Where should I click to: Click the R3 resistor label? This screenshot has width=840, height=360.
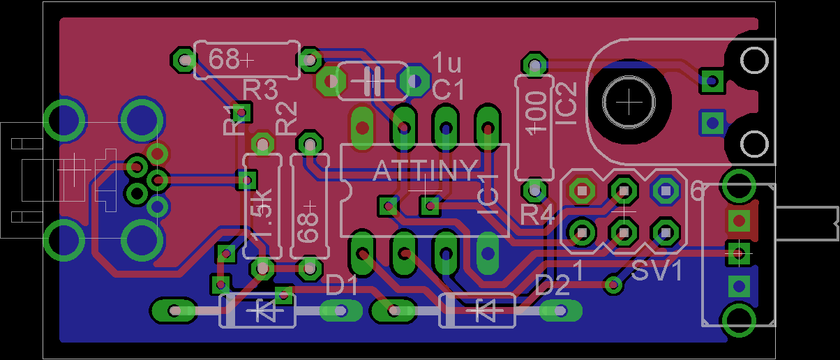261,90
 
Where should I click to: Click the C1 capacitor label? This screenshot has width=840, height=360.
448,90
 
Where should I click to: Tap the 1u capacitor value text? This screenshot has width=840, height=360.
447,63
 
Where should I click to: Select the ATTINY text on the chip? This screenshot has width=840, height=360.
426,171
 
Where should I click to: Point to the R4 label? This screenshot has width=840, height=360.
537,216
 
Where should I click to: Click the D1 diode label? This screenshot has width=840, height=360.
342,285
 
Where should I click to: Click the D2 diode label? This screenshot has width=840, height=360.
553,285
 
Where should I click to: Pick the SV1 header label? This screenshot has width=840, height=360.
657,271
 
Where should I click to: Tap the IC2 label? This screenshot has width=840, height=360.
567,104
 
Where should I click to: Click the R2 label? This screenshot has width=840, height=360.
287,119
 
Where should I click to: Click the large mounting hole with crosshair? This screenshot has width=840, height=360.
629,102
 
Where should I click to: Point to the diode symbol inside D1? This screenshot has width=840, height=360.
265,310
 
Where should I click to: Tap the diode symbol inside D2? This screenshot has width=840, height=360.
484,310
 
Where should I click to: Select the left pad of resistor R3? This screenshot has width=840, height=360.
184,59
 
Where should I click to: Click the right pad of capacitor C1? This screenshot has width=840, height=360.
414,81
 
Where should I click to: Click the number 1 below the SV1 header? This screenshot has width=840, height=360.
578,271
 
